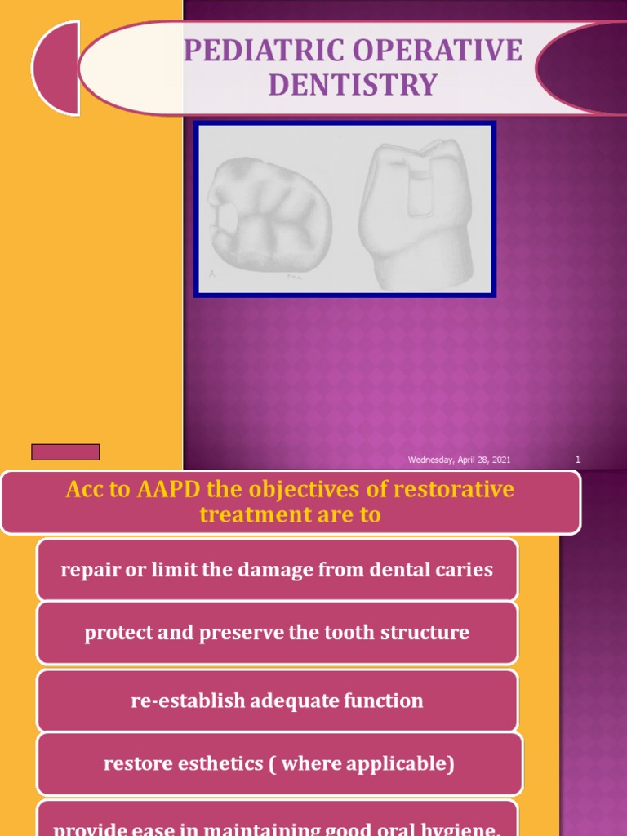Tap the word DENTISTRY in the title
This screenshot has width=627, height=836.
click(353, 84)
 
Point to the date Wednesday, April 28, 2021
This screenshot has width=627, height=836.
click(460, 460)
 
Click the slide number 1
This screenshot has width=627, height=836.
click(578, 460)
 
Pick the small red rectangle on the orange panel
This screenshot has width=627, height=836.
click(65, 452)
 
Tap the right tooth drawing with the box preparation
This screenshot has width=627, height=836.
click(416, 214)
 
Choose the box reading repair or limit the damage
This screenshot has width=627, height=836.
click(277, 570)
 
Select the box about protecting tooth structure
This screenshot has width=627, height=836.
click(277, 633)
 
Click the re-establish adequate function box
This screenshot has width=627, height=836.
click(277, 700)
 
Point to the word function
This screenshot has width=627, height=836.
click(384, 700)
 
